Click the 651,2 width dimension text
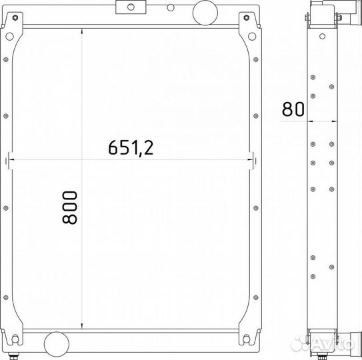pos(131,147)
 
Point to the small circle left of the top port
pos(171,7)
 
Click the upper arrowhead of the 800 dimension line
pos(81,33)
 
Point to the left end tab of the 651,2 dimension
pos(25,159)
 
